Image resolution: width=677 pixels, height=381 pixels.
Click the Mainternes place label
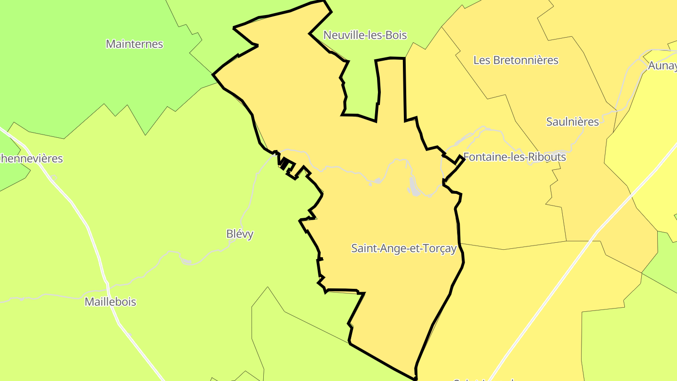[134, 44]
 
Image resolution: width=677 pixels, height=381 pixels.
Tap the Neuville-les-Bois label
[365, 35]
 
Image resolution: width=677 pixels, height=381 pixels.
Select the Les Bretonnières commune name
[516, 60]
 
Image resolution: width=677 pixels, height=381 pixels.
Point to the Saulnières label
[572, 122]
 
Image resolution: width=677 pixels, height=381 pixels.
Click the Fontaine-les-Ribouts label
[514, 157]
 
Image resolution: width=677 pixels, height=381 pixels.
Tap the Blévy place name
[240, 234]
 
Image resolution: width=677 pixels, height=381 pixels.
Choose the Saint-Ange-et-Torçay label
[404, 248]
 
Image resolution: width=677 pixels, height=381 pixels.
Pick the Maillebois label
[110, 302]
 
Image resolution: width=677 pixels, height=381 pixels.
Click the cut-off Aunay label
[663, 66]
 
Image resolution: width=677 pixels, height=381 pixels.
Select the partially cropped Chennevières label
[31, 159]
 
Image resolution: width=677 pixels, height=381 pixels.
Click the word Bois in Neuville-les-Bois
[395, 35]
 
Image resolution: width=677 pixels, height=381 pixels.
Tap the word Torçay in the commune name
[440, 248]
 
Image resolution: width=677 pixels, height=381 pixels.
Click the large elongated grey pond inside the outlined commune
[414, 186]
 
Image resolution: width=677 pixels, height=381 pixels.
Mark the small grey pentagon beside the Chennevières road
[53, 178]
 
